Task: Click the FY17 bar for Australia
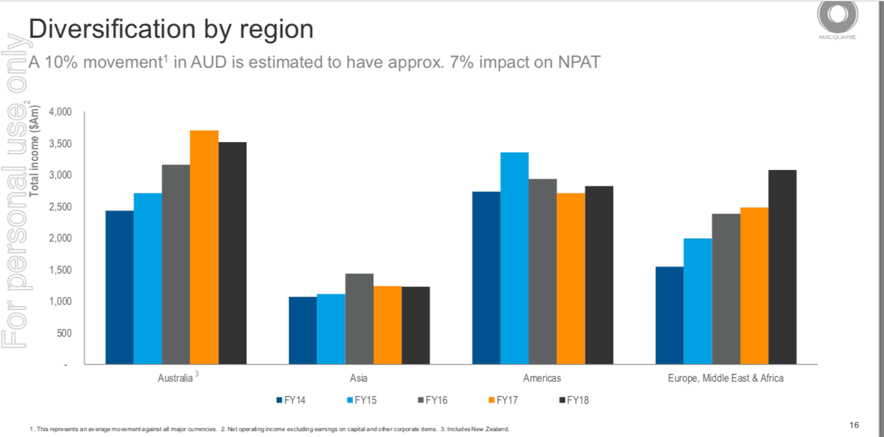tap(204, 247)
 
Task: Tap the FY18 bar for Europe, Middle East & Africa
tap(782, 267)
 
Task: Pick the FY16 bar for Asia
tap(359, 318)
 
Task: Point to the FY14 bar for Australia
tap(119, 287)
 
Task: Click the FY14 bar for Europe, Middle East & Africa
tap(669, 315)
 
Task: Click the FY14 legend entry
tap(291, 401)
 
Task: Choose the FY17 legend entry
tap(502, 401)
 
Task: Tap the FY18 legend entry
tap(573, 401)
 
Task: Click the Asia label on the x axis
tap(358, 378)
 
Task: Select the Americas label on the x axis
tap(542, 378)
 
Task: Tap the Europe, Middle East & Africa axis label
tap(726, 378)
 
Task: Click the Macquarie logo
tap(837, 18)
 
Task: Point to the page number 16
tap(855, 425)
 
